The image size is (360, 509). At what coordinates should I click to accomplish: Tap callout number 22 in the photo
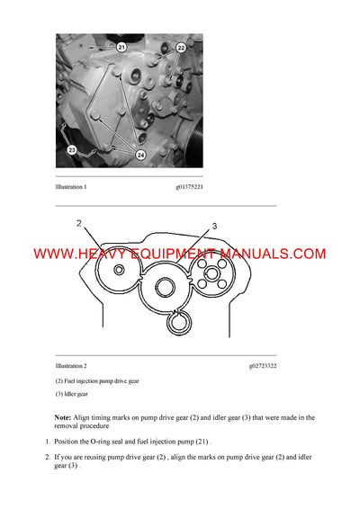(181, 47)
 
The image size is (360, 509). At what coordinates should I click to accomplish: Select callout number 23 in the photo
(71, 151)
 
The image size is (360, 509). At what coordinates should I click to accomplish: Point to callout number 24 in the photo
(140, 155)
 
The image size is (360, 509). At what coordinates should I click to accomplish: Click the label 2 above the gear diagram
(79, 223)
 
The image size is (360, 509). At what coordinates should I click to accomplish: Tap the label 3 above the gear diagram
(214, 227)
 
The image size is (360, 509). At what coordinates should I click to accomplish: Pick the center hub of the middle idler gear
(166, 288)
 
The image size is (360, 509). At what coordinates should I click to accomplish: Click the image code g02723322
(263, 366)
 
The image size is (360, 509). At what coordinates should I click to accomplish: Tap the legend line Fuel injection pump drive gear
(102, 381)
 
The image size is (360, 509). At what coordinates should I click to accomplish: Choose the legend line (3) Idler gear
(72, 394)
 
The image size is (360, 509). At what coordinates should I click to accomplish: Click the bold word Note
(62, 417)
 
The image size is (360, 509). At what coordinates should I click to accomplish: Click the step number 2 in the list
(48, 458)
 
